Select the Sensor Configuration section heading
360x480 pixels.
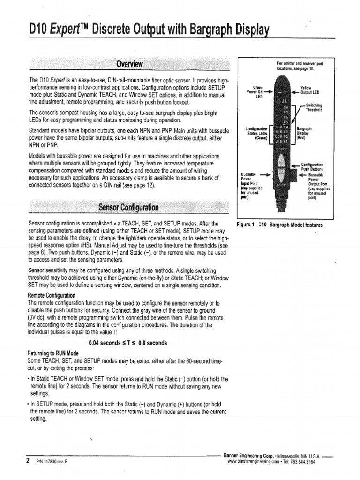click(x=128, y=207)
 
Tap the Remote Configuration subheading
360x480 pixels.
click(x=52, y=295)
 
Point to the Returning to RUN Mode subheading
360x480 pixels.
click(x=52, y=352)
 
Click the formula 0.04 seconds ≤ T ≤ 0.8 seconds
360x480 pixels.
click(x=127, y=343)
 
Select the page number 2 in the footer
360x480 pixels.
click(x=28, y=460)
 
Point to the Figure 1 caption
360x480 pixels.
click(x=280, y=225)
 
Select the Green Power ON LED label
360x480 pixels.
click(x=257, y=91)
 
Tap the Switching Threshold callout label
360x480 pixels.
click(x=314, y=108)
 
